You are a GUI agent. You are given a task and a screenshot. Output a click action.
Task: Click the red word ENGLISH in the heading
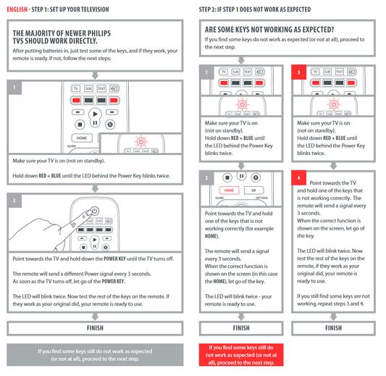tap(17, 9)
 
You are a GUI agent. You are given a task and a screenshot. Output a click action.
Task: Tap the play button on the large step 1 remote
tap(95, 114)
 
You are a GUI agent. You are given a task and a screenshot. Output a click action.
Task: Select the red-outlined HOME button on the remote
tap(229, 191)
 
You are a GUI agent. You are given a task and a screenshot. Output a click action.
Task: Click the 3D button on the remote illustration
tap(253, 191)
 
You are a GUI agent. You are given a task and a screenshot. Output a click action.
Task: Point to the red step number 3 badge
tap(298, 72)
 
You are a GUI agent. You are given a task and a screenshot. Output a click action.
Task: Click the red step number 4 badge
tap(298, 177)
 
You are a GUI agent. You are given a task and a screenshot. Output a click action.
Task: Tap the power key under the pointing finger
tap(95, 211)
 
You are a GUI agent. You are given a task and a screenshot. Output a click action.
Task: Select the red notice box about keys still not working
tap(241, 355)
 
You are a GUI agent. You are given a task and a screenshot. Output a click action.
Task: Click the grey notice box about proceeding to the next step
tap(95, 355)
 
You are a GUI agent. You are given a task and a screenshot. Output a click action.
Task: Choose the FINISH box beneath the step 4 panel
tap(334, 328)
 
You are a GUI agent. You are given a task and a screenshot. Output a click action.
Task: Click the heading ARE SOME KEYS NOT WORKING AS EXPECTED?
tap(269, 30)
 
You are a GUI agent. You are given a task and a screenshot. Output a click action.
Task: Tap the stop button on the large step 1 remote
tap(80, 125)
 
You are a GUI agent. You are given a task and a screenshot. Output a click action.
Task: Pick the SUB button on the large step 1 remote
tap(88, 88)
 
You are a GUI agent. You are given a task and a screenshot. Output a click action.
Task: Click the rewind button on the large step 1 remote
tap(77, 112)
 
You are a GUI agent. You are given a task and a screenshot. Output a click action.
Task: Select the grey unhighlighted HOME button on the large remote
tap(82, 138)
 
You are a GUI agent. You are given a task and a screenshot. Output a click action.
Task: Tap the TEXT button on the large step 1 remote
tap(101, 88)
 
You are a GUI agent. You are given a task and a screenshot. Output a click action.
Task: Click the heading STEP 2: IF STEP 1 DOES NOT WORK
tap(255, 9)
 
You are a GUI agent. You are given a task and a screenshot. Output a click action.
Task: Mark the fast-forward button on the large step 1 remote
tap(112, 112)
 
